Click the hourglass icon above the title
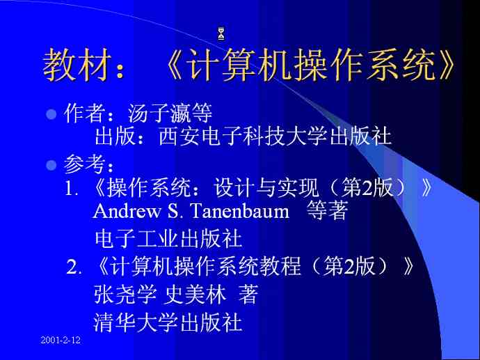pyautogui.click(x=221, y=33)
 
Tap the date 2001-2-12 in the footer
pyautogui.click(x=61, y=340)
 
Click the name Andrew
pyautogui.click(x=127, y=211)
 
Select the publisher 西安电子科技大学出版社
pyautogui.click(x=275, y=136)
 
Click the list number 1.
pyautogui.click(x=72, y=188)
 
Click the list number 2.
pyautogui.click(x=74, y=267)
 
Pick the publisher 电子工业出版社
pyautogui.click(x=168, y=239)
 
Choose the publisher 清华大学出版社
pyautogui.click(x=168, y=322)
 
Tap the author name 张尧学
pyautogui.click(x=125, y=294)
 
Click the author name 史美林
pyautogui.click(x=196, y=294)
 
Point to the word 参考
pyautogui.click(x=84, y=164)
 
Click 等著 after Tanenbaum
pyautogui.click(x=327, y=210)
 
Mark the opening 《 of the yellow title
pyautogui.click(x=175, y=65)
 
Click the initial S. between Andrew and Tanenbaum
pyautogui.click(x=175, y=211)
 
